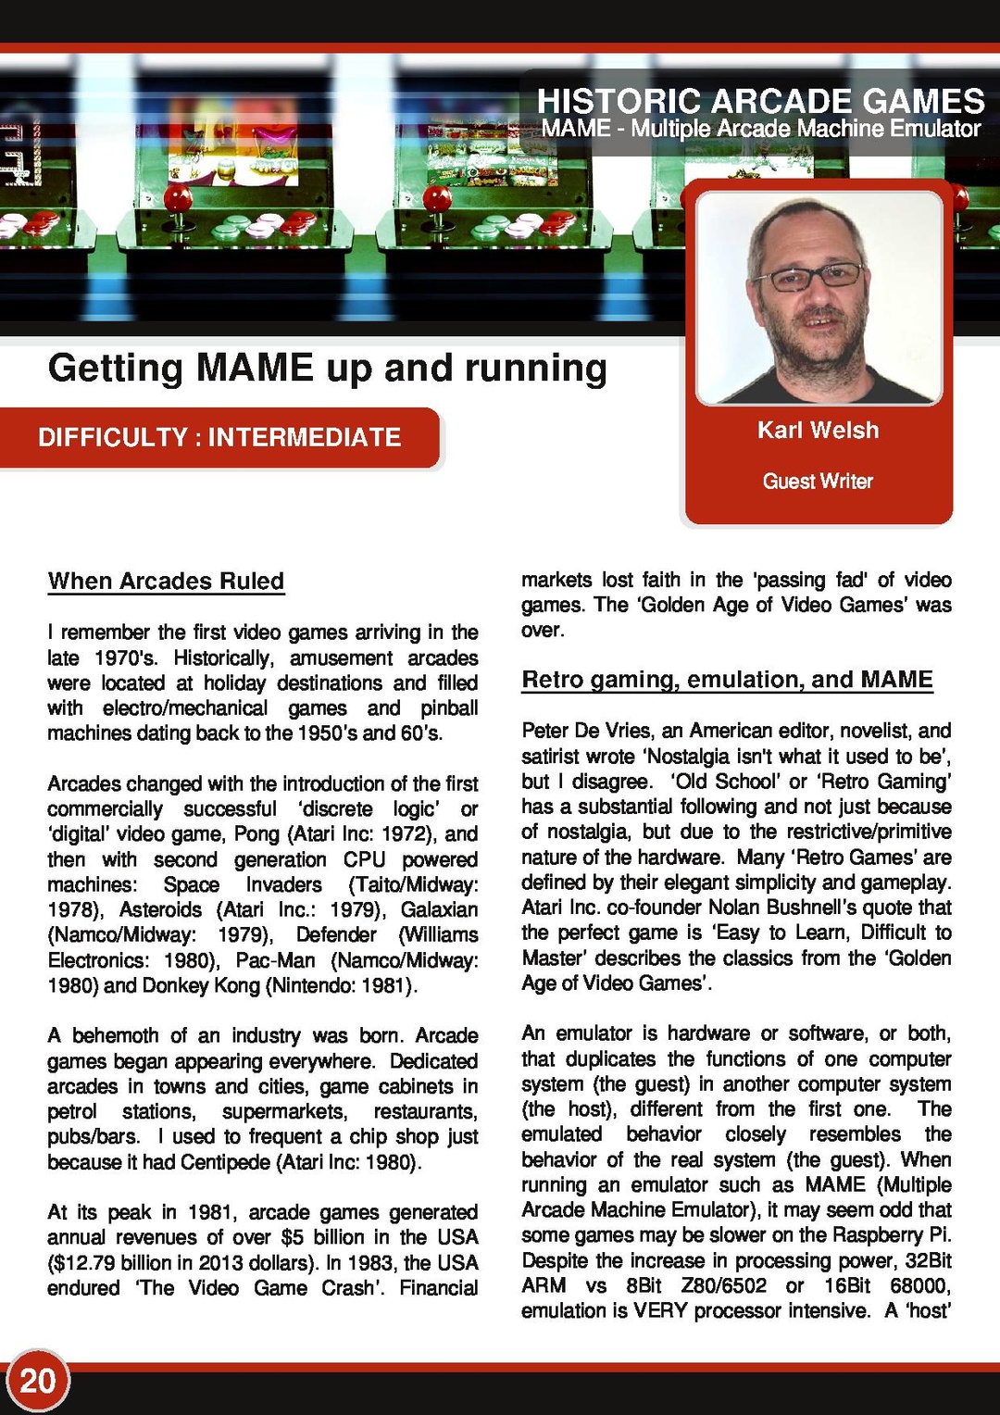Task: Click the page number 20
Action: (38, 1381)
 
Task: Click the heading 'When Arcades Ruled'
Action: (166, 582)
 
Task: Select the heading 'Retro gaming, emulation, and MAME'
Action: (727, 680)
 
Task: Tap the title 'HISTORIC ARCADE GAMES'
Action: (760, 100)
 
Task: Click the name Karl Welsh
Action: (818, 431)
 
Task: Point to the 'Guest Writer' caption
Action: (818, 482)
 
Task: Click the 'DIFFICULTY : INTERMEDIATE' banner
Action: (219, 437)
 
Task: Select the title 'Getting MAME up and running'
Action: (327, 369)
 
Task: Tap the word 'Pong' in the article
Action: (256, 834)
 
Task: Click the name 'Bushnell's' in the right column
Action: (833, 908)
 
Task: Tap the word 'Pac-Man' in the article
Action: (276, 960)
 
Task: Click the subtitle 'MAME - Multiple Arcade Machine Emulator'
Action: (760, 129)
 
